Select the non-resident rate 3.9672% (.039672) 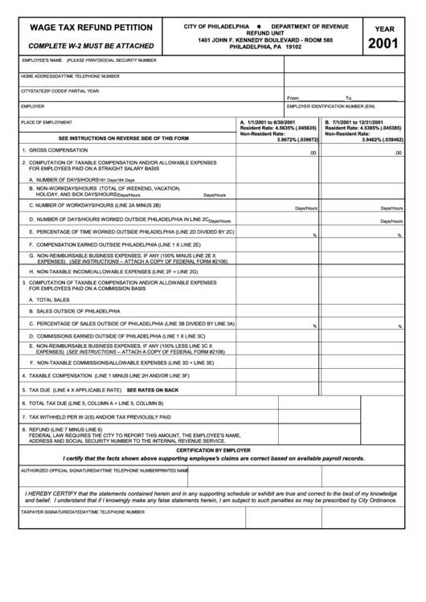click(293, 140)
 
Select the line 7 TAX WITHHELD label click(100, 417)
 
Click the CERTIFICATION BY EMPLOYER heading click(213, 451)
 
